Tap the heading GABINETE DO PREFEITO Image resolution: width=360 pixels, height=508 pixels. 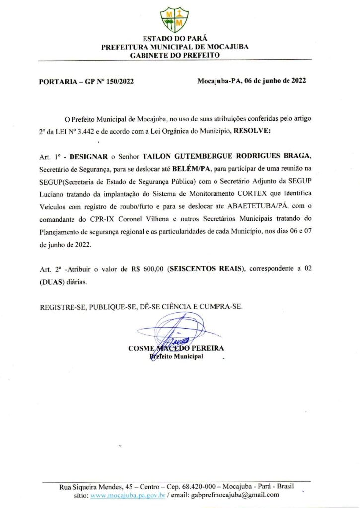pos(175,55)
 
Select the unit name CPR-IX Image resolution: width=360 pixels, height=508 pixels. pos(97,217)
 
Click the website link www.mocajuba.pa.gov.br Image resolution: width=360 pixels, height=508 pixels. pos(127,495)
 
